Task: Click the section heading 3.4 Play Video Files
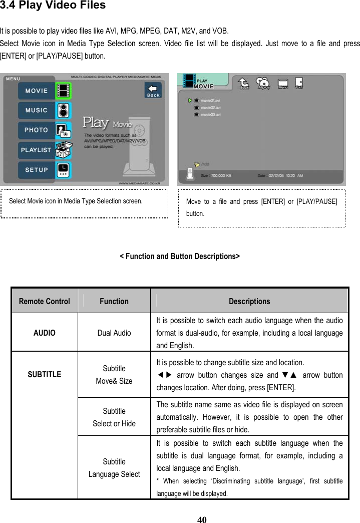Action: pyautogui.click(x=53, y=6)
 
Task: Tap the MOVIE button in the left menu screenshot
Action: pyautogui.click(x=37, y=91)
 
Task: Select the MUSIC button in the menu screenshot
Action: pyautogui.click(x=37, y=110)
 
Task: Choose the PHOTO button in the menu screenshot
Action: pyautogui.click(x=37, y=130)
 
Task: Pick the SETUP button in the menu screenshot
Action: pyautogui.click(x=37, y=169)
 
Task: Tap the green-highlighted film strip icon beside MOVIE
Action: pyautogui.click(x=63, y=91)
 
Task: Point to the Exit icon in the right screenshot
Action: pyautogui.click(x=299, y=83)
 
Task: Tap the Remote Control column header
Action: pyautogui.click(x=44, y=301)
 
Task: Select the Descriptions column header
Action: pyautogui.click(x=249, y=301)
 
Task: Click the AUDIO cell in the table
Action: pyautogui.click(x=44, y=333)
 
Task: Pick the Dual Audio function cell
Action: pyautogui.click(x=114, y=333)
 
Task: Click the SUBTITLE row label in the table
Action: pyautogui.click(x=44, y=374)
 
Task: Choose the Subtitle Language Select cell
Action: pyautogui.click(x=114, y=467)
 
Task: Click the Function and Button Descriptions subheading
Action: pyautogui.click(x=180, y=256)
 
